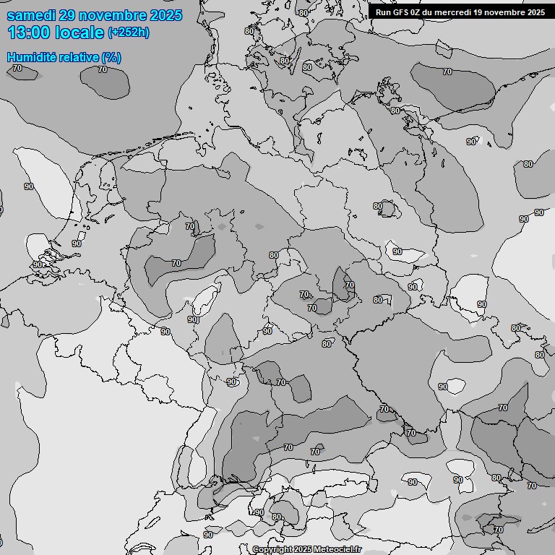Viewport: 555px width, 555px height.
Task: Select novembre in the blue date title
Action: click(x=110, y=15)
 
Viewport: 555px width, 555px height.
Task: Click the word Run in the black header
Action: click(x=383, y=12)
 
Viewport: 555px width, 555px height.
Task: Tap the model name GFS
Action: click(x=402, y=12)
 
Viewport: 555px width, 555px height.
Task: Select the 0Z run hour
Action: click(x=420, y=12)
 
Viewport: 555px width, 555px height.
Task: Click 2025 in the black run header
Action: click(x=535, y=12)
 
